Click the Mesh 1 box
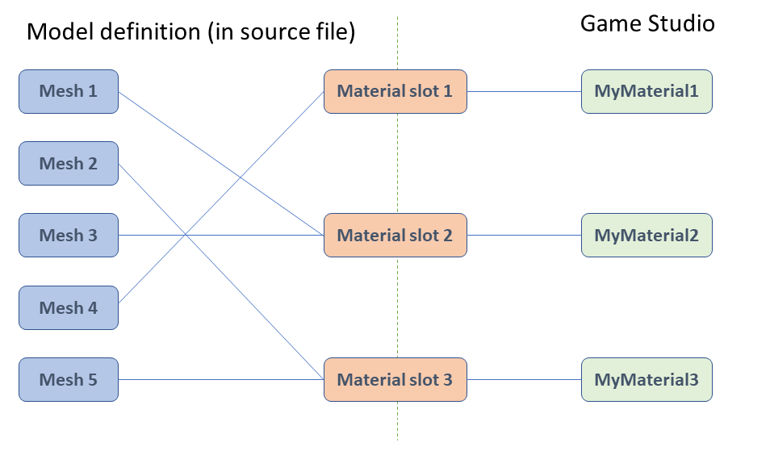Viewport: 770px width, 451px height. [69, 91]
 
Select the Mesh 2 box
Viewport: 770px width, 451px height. [69, 164]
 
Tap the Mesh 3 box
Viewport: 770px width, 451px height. [69, 236]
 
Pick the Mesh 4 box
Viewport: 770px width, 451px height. [69, 307]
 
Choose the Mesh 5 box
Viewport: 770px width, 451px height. [69, 379]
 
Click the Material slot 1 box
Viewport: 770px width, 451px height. [395, 91]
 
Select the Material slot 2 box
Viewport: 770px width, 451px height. [395, 236]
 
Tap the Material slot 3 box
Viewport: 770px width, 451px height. [395, 379]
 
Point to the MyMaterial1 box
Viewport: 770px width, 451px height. [646, 91]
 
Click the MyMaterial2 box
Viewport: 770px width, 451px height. [646, 236]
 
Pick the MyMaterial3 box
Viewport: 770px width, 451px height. [646, 379]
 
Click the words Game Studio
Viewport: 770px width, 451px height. [647, 23]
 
